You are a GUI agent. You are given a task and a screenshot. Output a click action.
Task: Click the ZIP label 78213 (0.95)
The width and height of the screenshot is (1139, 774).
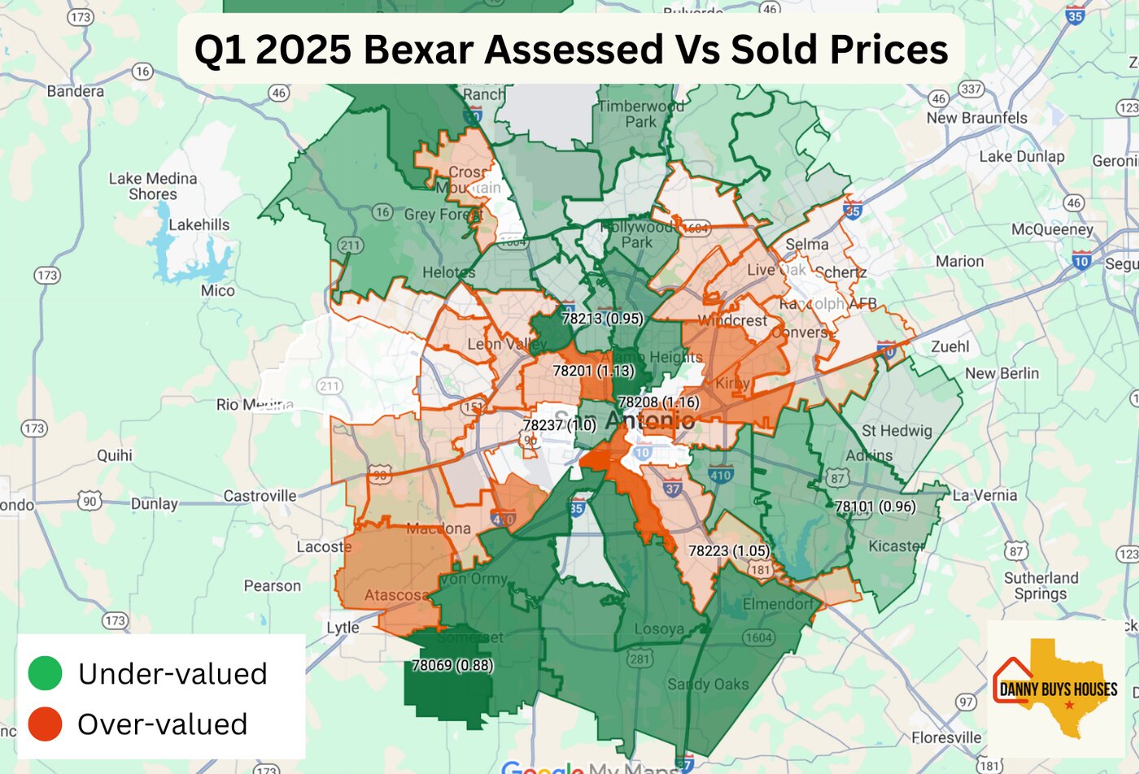click(602, 319)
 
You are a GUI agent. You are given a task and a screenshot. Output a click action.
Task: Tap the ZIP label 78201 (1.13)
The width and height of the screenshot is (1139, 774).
click(593, 371)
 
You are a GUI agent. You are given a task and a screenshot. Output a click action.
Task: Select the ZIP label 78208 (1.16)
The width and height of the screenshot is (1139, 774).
click(658, 402)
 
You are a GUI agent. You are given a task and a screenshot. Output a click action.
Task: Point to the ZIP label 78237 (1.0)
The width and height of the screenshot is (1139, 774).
click(560, 425)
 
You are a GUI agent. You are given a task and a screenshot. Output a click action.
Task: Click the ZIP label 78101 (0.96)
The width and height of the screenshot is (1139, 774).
click(875, 507)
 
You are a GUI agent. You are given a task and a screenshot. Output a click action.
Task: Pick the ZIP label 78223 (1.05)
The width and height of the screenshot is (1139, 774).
click(729, 550)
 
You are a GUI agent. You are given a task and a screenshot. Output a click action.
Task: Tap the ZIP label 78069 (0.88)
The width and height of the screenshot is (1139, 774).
click(452, 665)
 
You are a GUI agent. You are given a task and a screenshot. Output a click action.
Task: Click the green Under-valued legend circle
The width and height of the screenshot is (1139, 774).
click(45, 673)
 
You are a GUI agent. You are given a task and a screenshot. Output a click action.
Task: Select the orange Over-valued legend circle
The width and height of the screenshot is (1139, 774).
click(45, 724)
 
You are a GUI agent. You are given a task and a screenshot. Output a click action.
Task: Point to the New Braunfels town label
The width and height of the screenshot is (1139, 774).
click(976, 118)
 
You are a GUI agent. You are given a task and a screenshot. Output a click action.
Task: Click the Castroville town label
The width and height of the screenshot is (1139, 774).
click(260, 496)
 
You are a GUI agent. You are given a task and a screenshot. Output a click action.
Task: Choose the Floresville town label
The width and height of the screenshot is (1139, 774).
click(946, 737)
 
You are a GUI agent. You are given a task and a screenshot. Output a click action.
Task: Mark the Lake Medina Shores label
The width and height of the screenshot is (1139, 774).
click(153, 186)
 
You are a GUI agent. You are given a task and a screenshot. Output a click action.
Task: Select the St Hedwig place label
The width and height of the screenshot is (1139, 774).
click(897, 431)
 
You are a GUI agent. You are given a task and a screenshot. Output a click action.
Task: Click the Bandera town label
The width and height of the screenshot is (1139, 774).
click(76, 91)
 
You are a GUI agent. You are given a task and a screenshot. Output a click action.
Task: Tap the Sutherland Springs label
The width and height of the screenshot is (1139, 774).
click(1041, 585)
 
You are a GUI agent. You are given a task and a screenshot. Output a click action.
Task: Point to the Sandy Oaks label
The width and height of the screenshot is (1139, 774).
click(708, 684)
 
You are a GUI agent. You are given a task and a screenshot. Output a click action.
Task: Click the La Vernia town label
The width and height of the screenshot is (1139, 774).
click(984, 495)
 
